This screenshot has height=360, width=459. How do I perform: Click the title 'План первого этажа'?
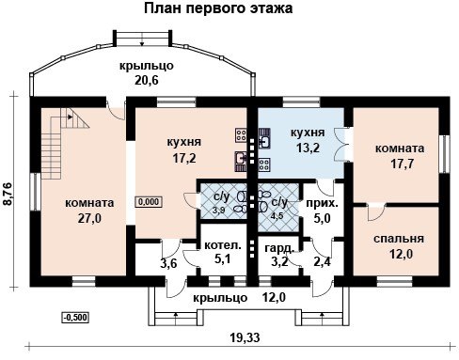tap(218, 8)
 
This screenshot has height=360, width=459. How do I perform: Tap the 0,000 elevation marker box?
tap(149, 202)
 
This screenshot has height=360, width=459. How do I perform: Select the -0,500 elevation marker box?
tap(75, 318)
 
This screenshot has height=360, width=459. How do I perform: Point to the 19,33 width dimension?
tap(245, 337)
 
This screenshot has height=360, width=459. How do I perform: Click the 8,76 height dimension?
tap(7, 194)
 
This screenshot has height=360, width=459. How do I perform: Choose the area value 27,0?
tap(89, 218)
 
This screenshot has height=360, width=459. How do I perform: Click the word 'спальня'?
tap(399, 239)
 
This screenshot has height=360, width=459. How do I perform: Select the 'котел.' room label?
tap(223, 245)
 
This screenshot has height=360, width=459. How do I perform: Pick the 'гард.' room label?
tap(279, 248)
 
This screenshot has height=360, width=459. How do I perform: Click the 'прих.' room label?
tap(322, 204)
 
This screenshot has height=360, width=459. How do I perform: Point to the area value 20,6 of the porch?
tap(147, 81)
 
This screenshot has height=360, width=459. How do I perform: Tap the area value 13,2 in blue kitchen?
tap(308, 148)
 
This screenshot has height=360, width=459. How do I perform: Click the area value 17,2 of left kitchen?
tap(184, 158)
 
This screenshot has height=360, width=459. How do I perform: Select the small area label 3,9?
tap(219, 211)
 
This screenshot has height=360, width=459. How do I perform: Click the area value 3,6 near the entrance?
tap(168, 263)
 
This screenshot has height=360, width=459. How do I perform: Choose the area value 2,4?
tap(323, 261)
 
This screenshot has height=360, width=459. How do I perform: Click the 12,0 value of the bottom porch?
tap(274, 297)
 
